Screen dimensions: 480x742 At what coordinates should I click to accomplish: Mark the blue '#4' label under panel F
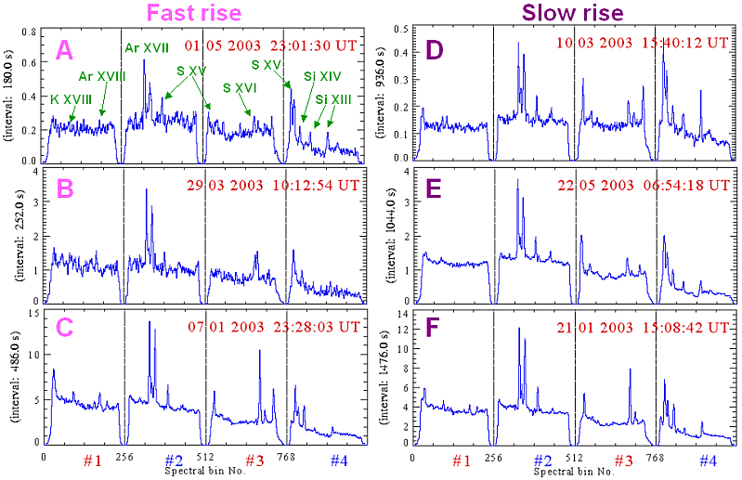[x=707, y=461]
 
